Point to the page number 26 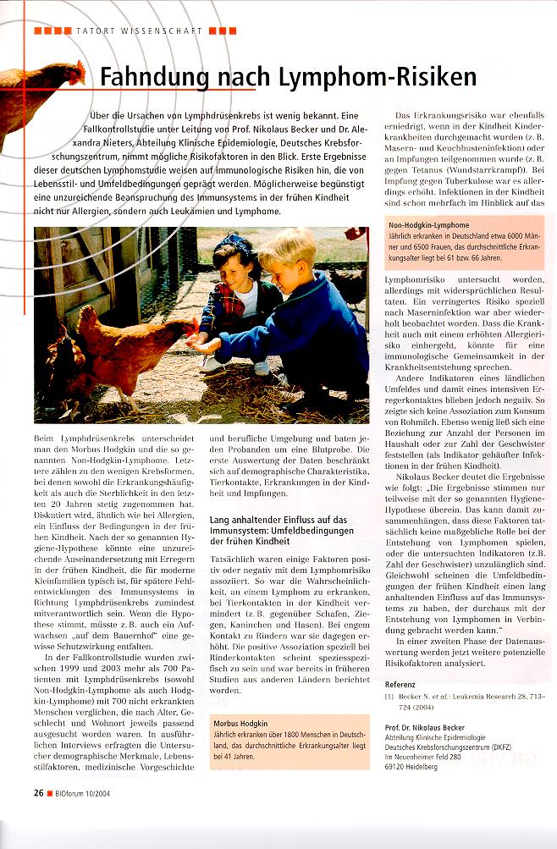coord(38,792)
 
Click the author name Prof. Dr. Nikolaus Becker coord(431,726)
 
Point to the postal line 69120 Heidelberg coord(412,768)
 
